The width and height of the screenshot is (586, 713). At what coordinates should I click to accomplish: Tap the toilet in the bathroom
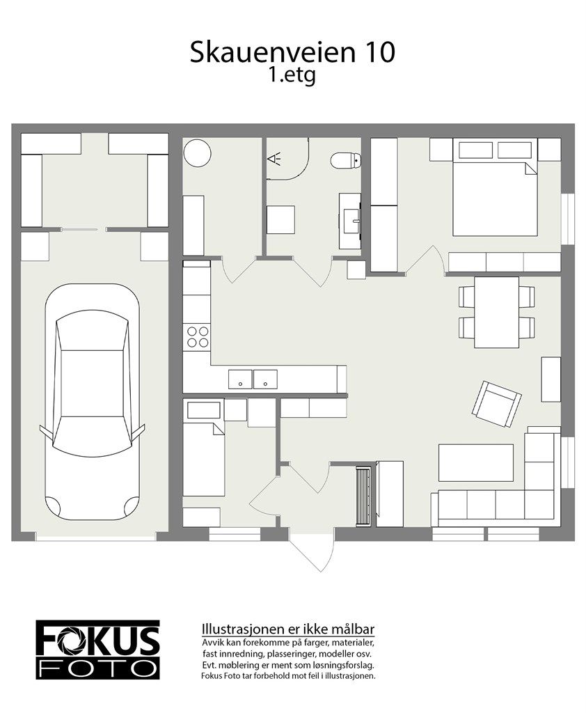click(346, 160)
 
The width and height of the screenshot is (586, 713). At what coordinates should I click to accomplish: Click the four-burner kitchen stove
click(197, 336)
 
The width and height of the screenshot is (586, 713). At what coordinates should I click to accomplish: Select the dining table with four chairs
click(496, 312)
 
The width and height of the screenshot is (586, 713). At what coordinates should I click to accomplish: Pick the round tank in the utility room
click(197, 152)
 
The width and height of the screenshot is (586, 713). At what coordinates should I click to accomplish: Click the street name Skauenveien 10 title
click(292, 53)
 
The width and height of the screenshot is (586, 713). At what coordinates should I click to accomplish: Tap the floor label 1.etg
click(292, 76)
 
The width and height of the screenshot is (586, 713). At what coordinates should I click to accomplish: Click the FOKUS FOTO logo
click(97, 650)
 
